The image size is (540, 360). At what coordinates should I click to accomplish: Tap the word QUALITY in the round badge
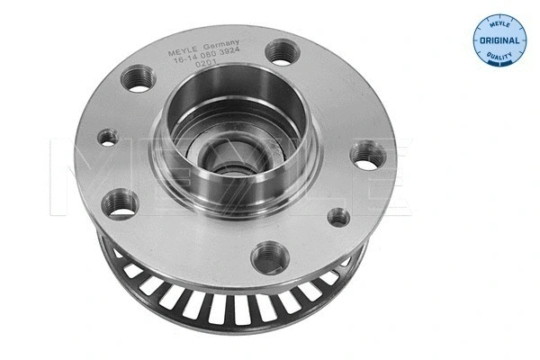[499, 57]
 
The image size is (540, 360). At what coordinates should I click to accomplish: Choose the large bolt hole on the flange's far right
[368, 157]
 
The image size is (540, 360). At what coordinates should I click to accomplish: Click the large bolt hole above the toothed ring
[266, 258]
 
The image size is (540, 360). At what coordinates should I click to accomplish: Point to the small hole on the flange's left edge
[108, 138]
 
